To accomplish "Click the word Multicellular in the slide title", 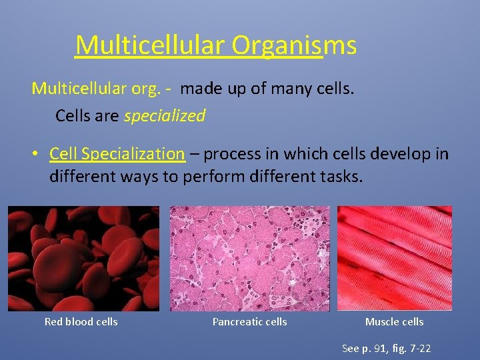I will pos(151,45).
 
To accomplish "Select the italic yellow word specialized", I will pos(165,116).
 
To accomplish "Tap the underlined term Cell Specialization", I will pos(117,154).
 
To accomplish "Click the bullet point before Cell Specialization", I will pos(38,155).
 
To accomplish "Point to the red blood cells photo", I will pos(83,258).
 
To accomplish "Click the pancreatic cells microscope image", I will pos(249,258).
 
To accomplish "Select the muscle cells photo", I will pos(394,258).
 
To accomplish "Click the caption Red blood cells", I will pos(81,322).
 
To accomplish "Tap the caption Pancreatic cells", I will pos(249,322).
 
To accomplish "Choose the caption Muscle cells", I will pos(394,322).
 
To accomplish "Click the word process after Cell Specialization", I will pos(230,154).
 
